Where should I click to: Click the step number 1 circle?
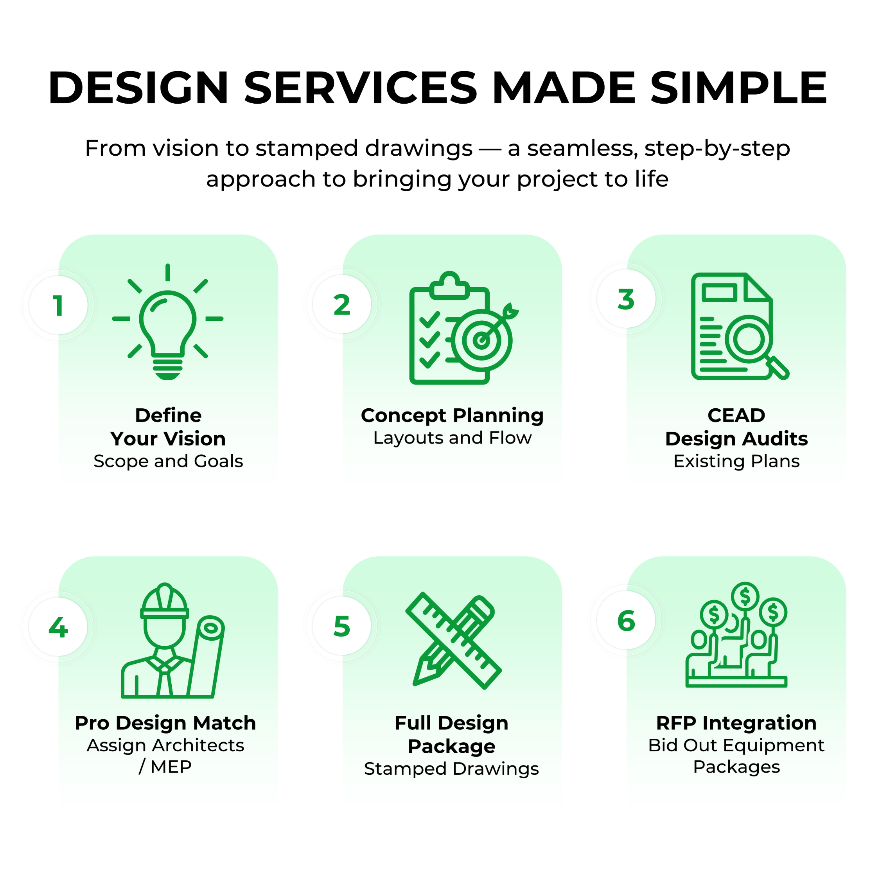tap(58, 305)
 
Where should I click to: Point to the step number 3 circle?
tap(626, 299)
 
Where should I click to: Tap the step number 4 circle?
tap(58, 627)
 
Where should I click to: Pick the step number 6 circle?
tap(626, 620)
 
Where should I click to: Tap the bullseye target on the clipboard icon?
tap(481, 340)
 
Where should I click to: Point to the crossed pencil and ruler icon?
tap(454, 640)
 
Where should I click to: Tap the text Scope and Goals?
tap(168, 461)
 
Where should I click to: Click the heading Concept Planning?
tap(452, 415)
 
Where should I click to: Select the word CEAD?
tap(736, 415)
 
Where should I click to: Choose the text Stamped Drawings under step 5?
tap(451, 769)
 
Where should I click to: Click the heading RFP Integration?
tap(736, 723)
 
